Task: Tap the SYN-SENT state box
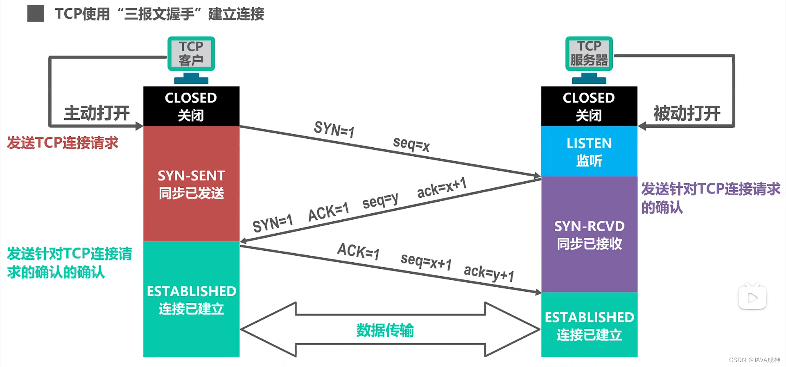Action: pyautogui.click(x=191, y=184)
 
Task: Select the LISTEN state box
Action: pyautogui.click(x=589, y=151)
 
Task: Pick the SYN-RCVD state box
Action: pyautogui.click(x=589, y=234)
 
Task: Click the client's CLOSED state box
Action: pyautogui.click(x=191, y=106)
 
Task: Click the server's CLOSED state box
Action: pyautogui.click(x=589, y=106)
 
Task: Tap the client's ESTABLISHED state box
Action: pyautogui.click(x=191, y=299)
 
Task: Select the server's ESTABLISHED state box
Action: pyautogui.click(x=589, y=325)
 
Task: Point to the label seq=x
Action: pyautogui.click(x=411, y=144)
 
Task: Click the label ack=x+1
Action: pyautogui.click(x=442, y=187)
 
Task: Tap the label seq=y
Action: pyautogui.click(x=380, y=200)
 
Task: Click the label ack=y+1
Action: pyautogui.click(x=489, y=273)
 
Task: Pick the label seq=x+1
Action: pyautogui.click(x=426, y=261)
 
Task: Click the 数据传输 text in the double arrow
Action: pyautogui.click(x=385, y=330)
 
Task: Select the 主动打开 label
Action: pyautogui.click(x=97, y=113)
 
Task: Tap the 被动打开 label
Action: pyautogui.click(x=687, y=113)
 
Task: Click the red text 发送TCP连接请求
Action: pyautogui.click(x=63, y=143)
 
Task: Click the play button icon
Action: pyautogui.click(x=752, y=297)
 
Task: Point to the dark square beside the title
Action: pyautogui.click(x=36, y=14)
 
